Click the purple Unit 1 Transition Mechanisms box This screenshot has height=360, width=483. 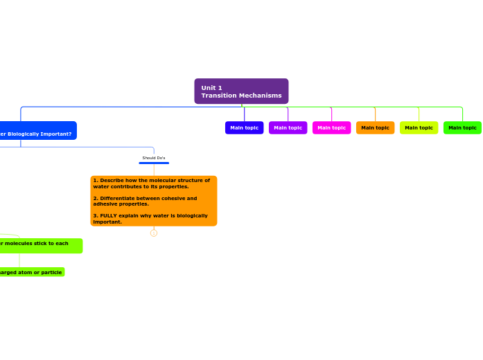(x=241, y=91)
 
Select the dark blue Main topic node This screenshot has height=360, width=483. (x=244, y=127)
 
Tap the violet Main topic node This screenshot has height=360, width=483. (x=288, y=127)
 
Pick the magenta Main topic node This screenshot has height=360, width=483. (x=331, y=127)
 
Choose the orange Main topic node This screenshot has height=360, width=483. (x=375, y=127)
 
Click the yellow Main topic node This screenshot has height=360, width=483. (x=419, y=127)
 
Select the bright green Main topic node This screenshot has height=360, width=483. (x=462, y=127)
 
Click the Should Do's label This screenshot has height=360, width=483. (x=154, y=158)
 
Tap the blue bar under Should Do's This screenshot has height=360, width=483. (x=154, y=163)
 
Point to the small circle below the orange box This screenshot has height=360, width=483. (x=154, y=233)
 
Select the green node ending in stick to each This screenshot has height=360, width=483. (x=38, y=244)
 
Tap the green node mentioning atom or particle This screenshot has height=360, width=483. (x=30, y=272)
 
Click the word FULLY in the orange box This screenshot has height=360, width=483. (x=109, y=215)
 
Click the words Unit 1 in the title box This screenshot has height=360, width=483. (x=211, y=88)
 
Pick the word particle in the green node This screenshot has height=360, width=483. (x=51, y=272)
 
